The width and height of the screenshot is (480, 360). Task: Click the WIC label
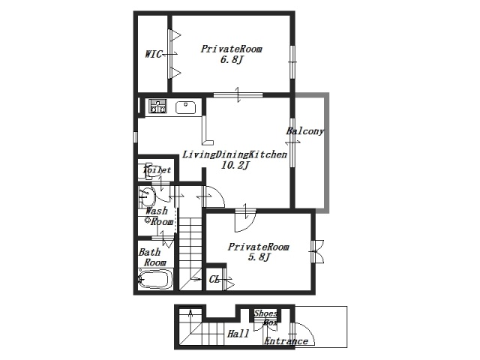[153, 54]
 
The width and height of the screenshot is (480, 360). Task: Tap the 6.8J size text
[232, 59]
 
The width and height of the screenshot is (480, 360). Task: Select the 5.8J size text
[259, 256]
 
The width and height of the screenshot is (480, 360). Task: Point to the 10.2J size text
[235, 165]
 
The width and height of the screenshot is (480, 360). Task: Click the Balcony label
[305, 131]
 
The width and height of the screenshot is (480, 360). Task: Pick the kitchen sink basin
[185, 107]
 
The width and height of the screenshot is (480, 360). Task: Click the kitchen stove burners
[157, 106]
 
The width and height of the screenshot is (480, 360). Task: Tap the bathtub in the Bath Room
[154, 279]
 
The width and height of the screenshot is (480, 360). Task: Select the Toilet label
[157, 169]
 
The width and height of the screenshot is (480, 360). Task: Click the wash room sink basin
[147, 196]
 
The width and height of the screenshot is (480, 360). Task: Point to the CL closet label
[214, 280]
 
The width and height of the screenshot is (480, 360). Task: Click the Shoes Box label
[266, 318]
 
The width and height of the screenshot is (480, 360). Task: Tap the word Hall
[238, 334]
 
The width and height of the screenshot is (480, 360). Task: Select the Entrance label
[286, 341]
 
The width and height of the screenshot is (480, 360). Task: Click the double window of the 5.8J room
[316, 251]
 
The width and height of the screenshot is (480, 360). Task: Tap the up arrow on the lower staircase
[191, 313]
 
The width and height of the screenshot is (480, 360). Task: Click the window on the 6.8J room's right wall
[292, 62]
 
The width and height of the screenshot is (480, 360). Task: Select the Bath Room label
[152, 257]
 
